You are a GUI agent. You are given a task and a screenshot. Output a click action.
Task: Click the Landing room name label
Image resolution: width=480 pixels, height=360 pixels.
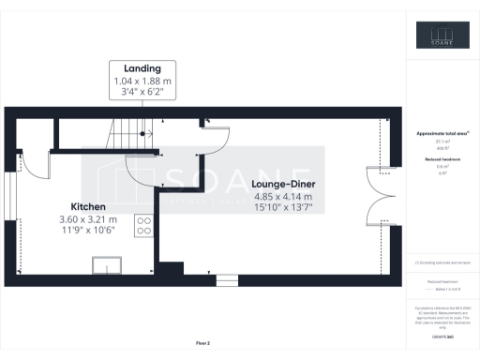click(x=142, y=68)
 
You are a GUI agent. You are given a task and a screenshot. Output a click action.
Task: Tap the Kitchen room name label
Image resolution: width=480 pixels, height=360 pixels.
click(x=87, y=206)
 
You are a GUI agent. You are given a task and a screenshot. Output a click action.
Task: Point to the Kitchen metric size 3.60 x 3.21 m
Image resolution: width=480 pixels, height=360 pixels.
click(x=87, y=219)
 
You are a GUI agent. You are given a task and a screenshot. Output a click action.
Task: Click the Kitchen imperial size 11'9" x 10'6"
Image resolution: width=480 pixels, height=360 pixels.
click(x=87, y=231)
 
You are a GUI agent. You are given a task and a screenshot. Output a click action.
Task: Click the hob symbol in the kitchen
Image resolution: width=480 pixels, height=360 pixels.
click(x=145, y=225)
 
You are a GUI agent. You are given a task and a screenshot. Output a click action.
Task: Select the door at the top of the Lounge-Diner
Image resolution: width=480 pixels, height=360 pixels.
click(x=217, y=138)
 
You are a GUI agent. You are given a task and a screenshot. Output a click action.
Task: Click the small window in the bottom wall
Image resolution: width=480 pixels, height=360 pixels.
click(x=227, y=280)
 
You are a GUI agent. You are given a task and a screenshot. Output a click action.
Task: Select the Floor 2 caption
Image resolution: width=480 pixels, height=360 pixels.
click(x=202, y=343)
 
